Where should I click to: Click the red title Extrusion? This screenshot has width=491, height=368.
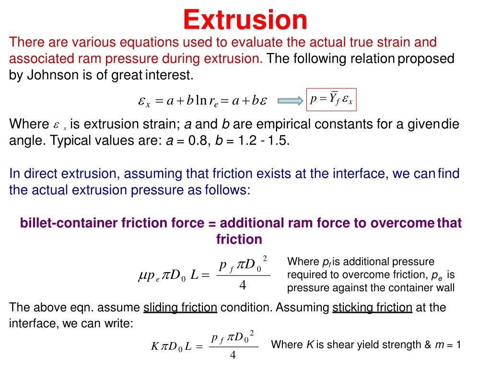245,20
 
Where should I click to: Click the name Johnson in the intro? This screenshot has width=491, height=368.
53,75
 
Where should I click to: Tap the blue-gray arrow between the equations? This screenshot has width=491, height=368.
291,101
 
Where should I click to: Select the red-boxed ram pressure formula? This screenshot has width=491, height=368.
331,100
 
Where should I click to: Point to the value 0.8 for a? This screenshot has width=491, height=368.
198,140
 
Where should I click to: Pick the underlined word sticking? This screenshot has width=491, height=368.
352,308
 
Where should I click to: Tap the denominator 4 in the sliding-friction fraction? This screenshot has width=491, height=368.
242,285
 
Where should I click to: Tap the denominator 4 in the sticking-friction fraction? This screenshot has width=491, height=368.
233,355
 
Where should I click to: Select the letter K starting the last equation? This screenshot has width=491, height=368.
155,346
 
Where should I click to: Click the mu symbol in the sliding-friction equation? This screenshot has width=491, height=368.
142,275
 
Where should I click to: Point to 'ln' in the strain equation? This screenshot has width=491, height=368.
201,100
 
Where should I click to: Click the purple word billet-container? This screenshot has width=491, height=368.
69,223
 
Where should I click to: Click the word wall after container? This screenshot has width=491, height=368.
444,287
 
